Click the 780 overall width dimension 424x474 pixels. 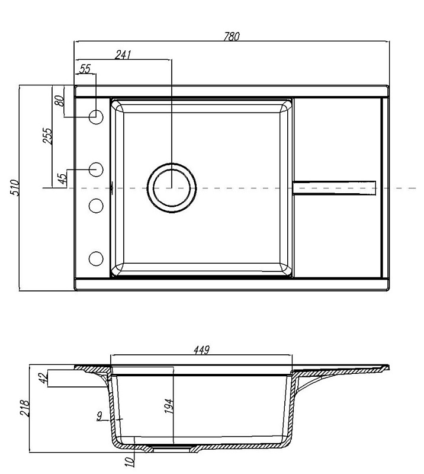tap(232, 36)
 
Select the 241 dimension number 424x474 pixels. tap(123, 55)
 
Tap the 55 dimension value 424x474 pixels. tap(85, 69)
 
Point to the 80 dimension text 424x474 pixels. tap(60, 100)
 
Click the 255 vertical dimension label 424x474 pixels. tap(47, 136)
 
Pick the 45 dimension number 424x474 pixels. tap(62, 179)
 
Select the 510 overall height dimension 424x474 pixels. tap(14, 187)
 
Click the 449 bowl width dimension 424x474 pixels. tap(201, 350)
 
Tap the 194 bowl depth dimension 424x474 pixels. tap(169, 406)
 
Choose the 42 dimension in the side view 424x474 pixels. tap(44, 378)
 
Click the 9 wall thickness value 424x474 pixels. tap(99, 416)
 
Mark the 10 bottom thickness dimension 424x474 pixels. tap(129, 461)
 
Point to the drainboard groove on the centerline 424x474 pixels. tap(334, 188)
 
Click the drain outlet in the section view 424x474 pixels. tap(172, 450)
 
